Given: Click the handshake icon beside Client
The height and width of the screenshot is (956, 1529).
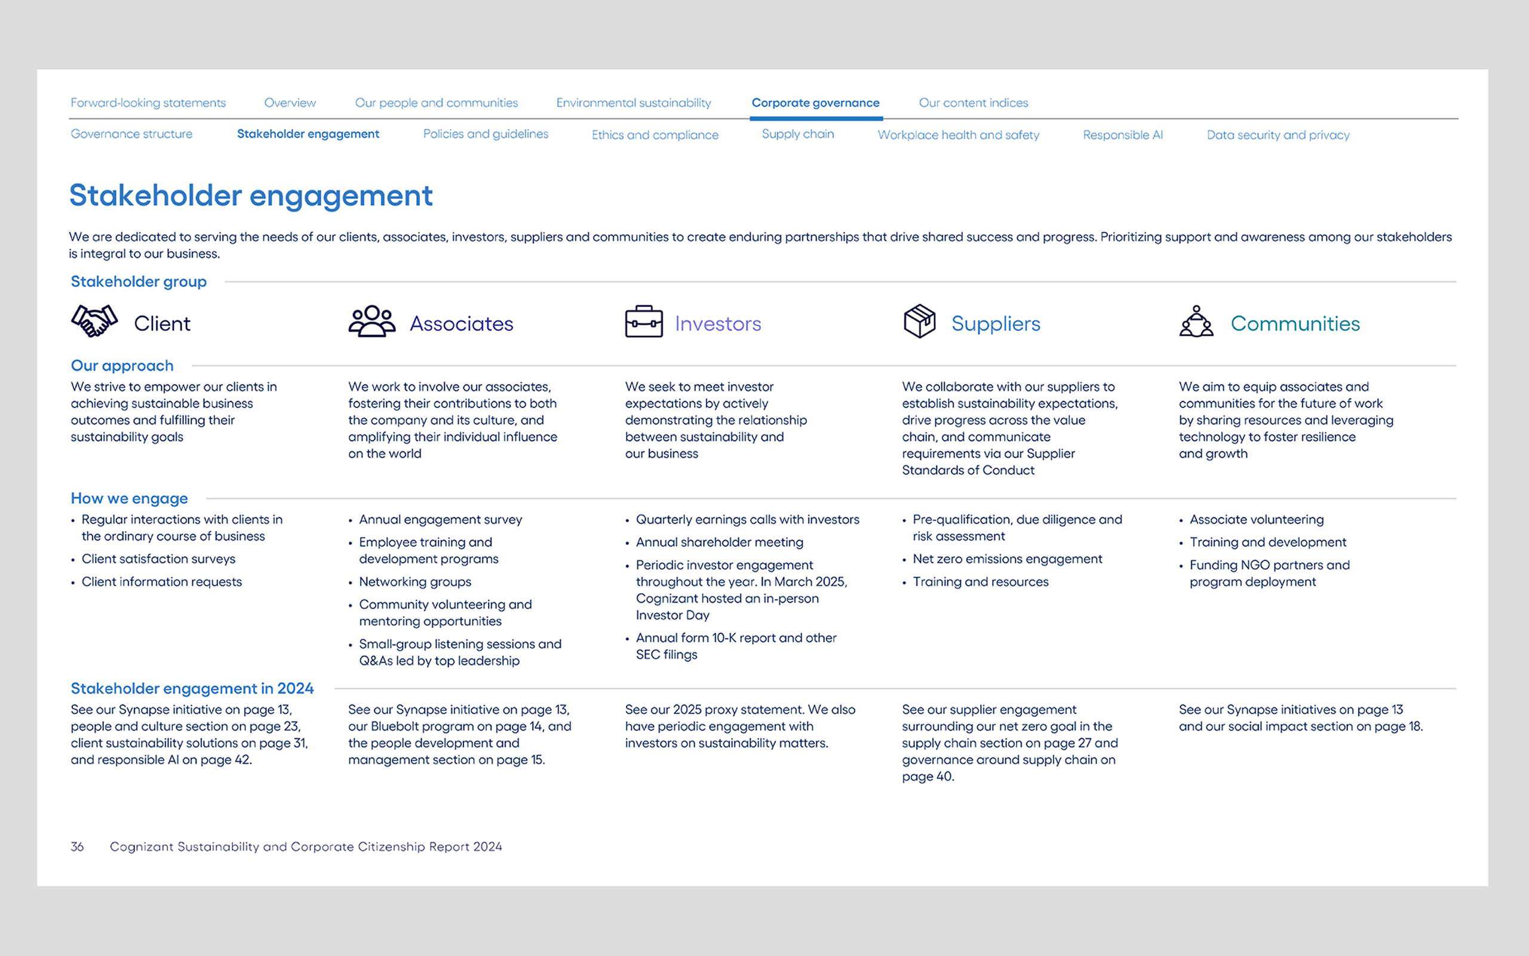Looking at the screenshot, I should (94, 321).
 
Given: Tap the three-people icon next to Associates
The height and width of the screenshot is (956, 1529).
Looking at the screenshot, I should (371, 321).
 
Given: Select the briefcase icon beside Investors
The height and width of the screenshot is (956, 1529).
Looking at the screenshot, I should (644, 321).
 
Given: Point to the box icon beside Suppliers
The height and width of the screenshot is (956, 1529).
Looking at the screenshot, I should (919, 321).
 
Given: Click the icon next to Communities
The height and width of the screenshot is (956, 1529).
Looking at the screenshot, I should (1196, 321).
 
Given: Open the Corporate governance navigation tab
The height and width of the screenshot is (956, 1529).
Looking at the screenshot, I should (815, 103).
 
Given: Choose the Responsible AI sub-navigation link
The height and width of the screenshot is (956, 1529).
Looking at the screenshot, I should (1122, 134).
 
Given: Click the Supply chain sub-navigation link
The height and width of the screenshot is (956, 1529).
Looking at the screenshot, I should (797, 134).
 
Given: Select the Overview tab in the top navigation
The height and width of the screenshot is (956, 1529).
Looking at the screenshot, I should (289, 103).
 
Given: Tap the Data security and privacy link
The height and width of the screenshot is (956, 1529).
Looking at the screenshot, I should (1278, 134).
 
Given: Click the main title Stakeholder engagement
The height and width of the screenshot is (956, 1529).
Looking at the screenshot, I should (251, 195).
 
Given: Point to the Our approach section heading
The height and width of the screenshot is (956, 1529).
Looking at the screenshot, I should (122, 366).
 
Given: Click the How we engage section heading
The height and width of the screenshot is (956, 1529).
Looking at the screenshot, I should (129, 498).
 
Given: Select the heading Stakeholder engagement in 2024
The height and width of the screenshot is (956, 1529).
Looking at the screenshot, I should (192, 688).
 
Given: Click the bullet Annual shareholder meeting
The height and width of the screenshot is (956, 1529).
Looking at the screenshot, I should (719, 542).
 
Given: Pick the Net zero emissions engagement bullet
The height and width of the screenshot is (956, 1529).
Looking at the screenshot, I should (1007, 559).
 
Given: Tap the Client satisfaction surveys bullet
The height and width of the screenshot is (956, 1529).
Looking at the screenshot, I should (158, 559).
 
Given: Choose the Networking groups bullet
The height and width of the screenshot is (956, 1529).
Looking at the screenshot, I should (415, 582).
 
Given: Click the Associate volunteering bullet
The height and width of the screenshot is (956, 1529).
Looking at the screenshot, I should (1256, 519).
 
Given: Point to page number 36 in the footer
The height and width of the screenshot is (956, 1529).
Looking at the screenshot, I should (77, 847).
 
